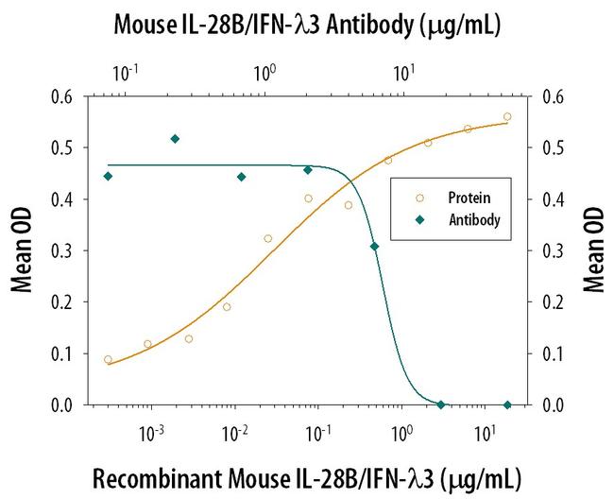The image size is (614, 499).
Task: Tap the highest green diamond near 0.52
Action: point(175,139)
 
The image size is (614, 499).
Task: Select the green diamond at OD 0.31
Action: point(375,247)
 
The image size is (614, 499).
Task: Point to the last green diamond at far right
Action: point(507,404)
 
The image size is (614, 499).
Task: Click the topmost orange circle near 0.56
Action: point(507,117)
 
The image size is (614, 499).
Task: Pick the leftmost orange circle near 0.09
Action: point(108,360)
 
